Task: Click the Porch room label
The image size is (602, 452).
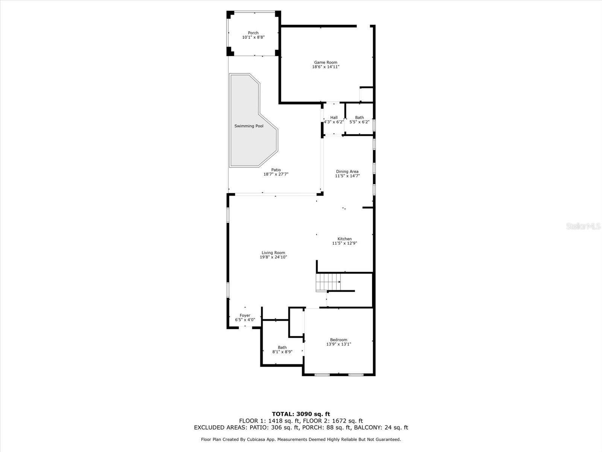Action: pos(253,33)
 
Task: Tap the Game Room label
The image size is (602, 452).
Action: pos(325,63)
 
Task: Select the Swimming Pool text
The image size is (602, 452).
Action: pos(249,126)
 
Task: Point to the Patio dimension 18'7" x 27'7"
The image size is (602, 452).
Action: pos(276,174)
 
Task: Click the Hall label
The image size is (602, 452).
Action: pos(334,118)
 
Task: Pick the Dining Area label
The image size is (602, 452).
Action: pos(347,171)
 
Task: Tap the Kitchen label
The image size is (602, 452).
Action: pos(344,239)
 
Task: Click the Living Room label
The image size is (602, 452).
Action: pos(273,253)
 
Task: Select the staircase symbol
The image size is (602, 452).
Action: pos(328,282)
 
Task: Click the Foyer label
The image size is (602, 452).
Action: pos(245,316)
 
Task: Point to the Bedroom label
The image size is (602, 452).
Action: pos(338,340)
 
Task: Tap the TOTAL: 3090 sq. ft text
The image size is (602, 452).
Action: pos(301,414)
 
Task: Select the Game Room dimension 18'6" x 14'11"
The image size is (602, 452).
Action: pos(325,67)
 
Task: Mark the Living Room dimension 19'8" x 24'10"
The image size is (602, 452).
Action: pos(273,257)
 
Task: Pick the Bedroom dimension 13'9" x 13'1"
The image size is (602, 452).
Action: pos(338,344)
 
